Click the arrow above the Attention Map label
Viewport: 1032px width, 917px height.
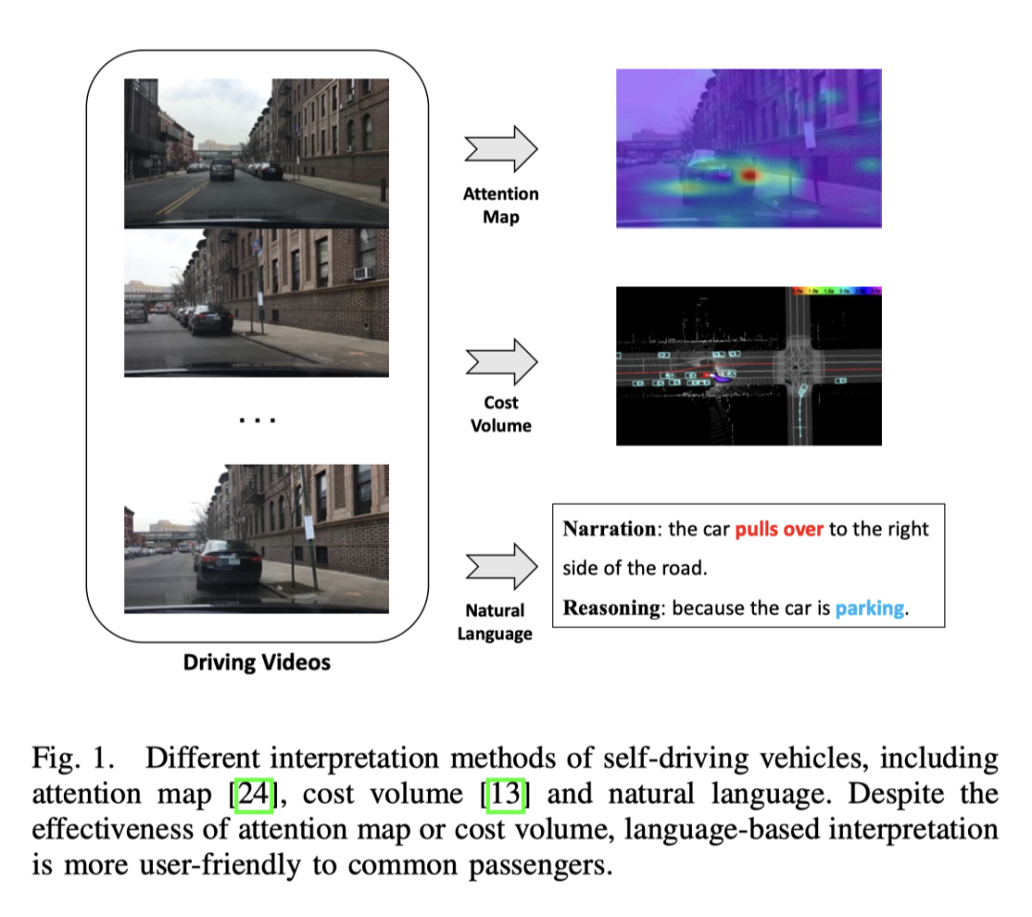click(502, 150)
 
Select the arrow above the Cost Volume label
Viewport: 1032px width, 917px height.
click(502, 361)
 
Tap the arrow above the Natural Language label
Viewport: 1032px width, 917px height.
click(502, 566)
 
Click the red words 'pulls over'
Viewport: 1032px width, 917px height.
click(779, 529)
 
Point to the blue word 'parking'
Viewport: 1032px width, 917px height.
click(870, 607)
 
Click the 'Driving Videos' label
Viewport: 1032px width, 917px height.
click(257, 662)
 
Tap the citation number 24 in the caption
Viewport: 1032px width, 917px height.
click(259, 794)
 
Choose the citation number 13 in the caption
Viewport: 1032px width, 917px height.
click(505, 794)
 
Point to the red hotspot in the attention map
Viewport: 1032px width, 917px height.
click(749, 176)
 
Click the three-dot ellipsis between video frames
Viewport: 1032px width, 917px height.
click(256, 420)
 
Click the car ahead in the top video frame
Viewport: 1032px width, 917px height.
click(222, 170)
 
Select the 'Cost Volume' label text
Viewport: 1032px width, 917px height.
click(501, 414)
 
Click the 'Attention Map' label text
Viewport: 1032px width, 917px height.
click(501, 206)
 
